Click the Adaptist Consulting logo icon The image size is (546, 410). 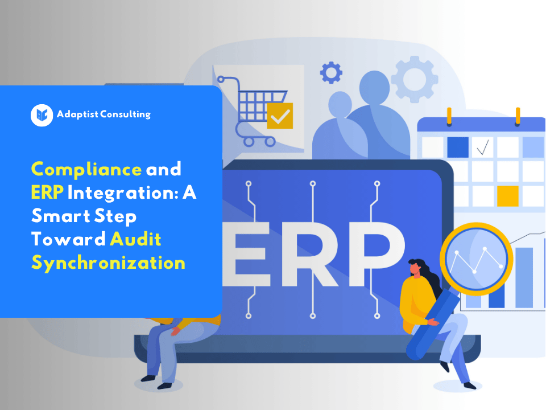(x=42, y=115)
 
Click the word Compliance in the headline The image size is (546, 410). (x=86, y=169)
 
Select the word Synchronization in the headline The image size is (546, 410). (x=108, y=263)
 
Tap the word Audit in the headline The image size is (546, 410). (x=136, y=239)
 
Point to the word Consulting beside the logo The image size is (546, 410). (x=125, y=114)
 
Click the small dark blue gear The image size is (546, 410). (x=331, y=73)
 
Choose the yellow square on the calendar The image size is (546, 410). (x=508, y=196)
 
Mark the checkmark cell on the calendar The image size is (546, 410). (x=483, y=148)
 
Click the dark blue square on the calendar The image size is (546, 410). (x=458, y=147)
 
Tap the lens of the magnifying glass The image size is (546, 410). (x=476, y=259)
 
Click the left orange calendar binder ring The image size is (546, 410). (x=449, y=116)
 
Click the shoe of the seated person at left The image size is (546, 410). (x=150, y=378)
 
